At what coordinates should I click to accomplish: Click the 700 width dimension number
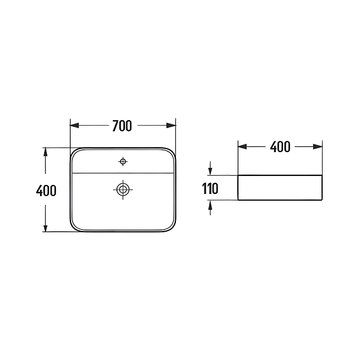122,126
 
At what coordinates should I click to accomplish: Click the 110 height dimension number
210,188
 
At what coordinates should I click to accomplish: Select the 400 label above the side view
280,147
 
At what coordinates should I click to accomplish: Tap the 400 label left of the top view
46,191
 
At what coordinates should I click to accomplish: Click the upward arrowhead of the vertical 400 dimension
45,152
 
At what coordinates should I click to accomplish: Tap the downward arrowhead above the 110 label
210,171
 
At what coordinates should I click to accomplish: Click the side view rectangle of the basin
280,187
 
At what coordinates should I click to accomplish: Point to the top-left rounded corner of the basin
74,151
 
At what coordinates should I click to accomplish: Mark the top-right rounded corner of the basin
171,151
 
